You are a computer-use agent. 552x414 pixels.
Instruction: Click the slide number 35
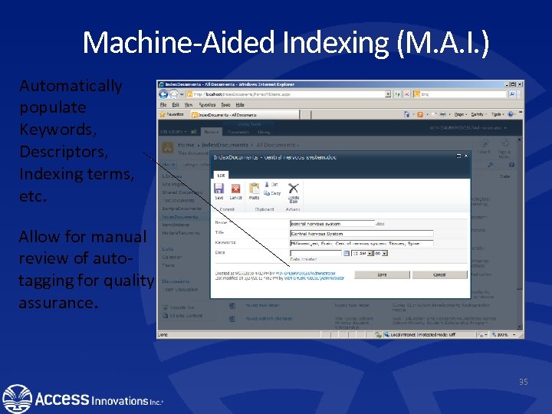click(x=524, y=382)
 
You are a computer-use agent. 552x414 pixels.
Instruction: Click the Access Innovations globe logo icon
click(x=17, y=399)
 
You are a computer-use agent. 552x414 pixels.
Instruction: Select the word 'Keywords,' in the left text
click(x=53, y=129)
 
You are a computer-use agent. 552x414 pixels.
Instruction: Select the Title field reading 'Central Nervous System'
click(x=361, y=234)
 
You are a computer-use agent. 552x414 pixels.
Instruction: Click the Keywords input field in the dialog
click(x=361, y=243)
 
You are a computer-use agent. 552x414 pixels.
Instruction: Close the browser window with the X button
click(x=518, y=84)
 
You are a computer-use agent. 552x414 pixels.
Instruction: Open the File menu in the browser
click(x=163, y=104)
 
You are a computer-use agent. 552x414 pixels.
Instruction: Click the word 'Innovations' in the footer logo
click(x=119, y=400)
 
